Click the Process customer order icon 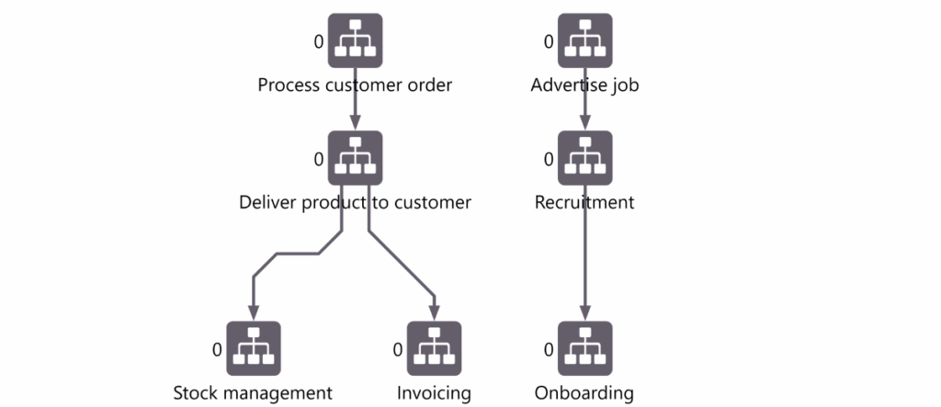click(355, 40)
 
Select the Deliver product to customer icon click(355, 158)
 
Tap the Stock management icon click(253, 348)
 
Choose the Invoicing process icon click(434, 348)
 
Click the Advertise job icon click(584, 40)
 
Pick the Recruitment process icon click(584, 158)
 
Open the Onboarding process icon click(584, 348)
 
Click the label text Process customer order click(355, 85)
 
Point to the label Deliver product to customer click(355, 202)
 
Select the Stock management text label click(253, 393)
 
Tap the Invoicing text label click(434, 393)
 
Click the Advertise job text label click(584, 85)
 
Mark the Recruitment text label click(584, 202)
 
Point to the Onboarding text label click(584, 393)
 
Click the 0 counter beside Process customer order click(319, 41)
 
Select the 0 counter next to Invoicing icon click(398, 349)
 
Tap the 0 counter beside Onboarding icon click(549, 349)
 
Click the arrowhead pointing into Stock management click(253, 313)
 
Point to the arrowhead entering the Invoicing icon click(434, 313)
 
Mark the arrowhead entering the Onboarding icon click(584, 313)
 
